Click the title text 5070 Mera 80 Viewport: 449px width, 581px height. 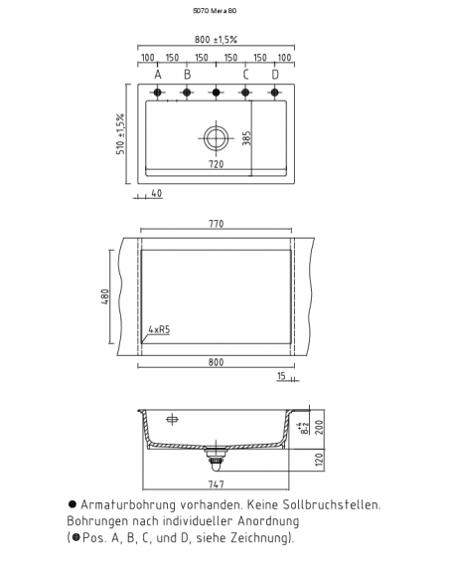click(x=217, y=11)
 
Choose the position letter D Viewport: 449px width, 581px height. click(x=275, y=75)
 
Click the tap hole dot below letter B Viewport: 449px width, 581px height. click(x=187, y=95)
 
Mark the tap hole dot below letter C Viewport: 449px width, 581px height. click(x=245, y=95)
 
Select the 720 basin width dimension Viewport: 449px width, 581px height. click(x=216, y=164)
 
